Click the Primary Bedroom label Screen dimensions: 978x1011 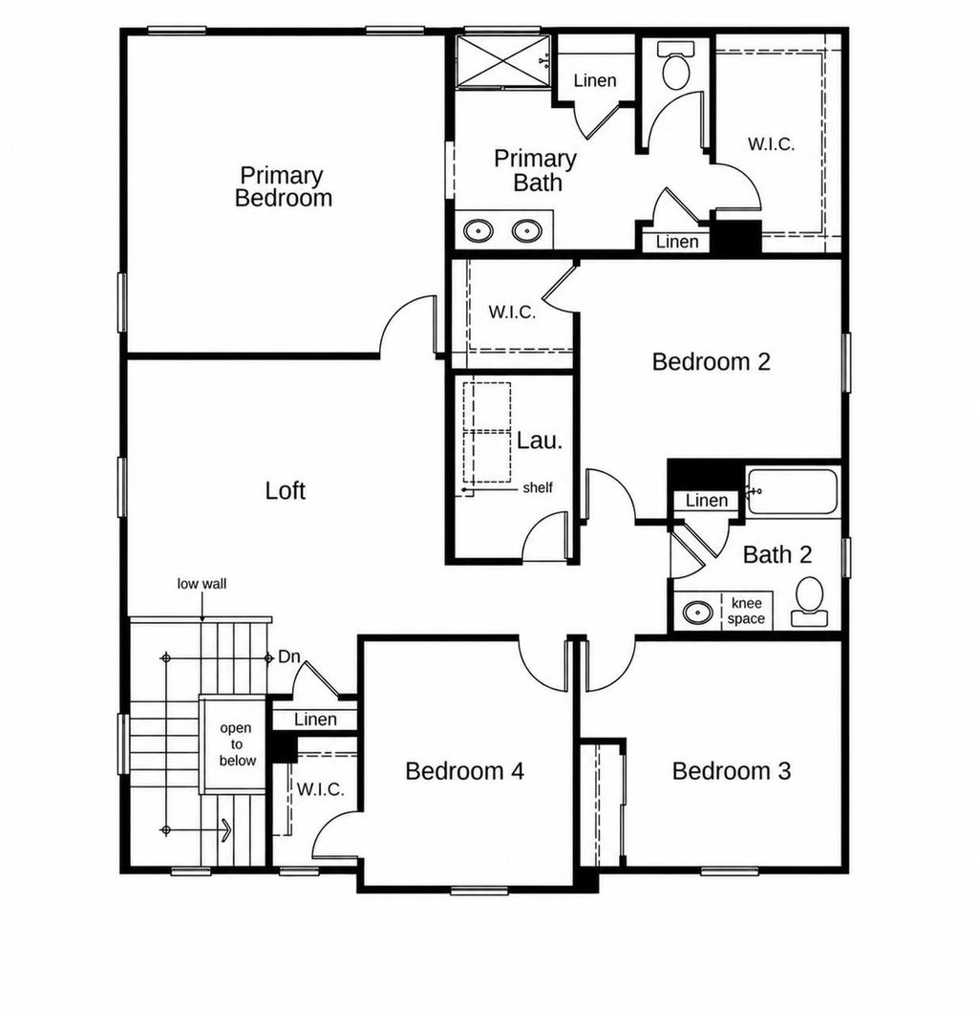point(284,186)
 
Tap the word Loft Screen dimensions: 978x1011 point(285,490)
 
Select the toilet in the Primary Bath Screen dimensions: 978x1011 point(676,65)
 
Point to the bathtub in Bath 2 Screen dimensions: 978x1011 point(793,492)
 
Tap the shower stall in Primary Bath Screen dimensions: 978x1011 point(504,60)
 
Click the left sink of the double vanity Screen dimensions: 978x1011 point(478,230)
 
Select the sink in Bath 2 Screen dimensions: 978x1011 point(698,612)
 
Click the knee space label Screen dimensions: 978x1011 point(746,612)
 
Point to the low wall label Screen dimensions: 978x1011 point(202,584)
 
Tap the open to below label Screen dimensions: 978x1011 point(237,744)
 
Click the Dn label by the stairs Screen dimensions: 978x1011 point(289,657)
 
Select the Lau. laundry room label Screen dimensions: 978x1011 point(540,441)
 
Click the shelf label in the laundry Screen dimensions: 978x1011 point(538,487)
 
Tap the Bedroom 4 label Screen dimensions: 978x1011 point(464,770)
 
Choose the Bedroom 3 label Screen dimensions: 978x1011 point(732,770)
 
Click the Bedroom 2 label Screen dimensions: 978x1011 point(712,362)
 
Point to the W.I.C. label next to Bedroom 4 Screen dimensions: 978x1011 point(320,789)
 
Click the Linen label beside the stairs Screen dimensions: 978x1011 point(316,720)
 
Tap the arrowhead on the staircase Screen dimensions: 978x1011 point(225,830)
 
